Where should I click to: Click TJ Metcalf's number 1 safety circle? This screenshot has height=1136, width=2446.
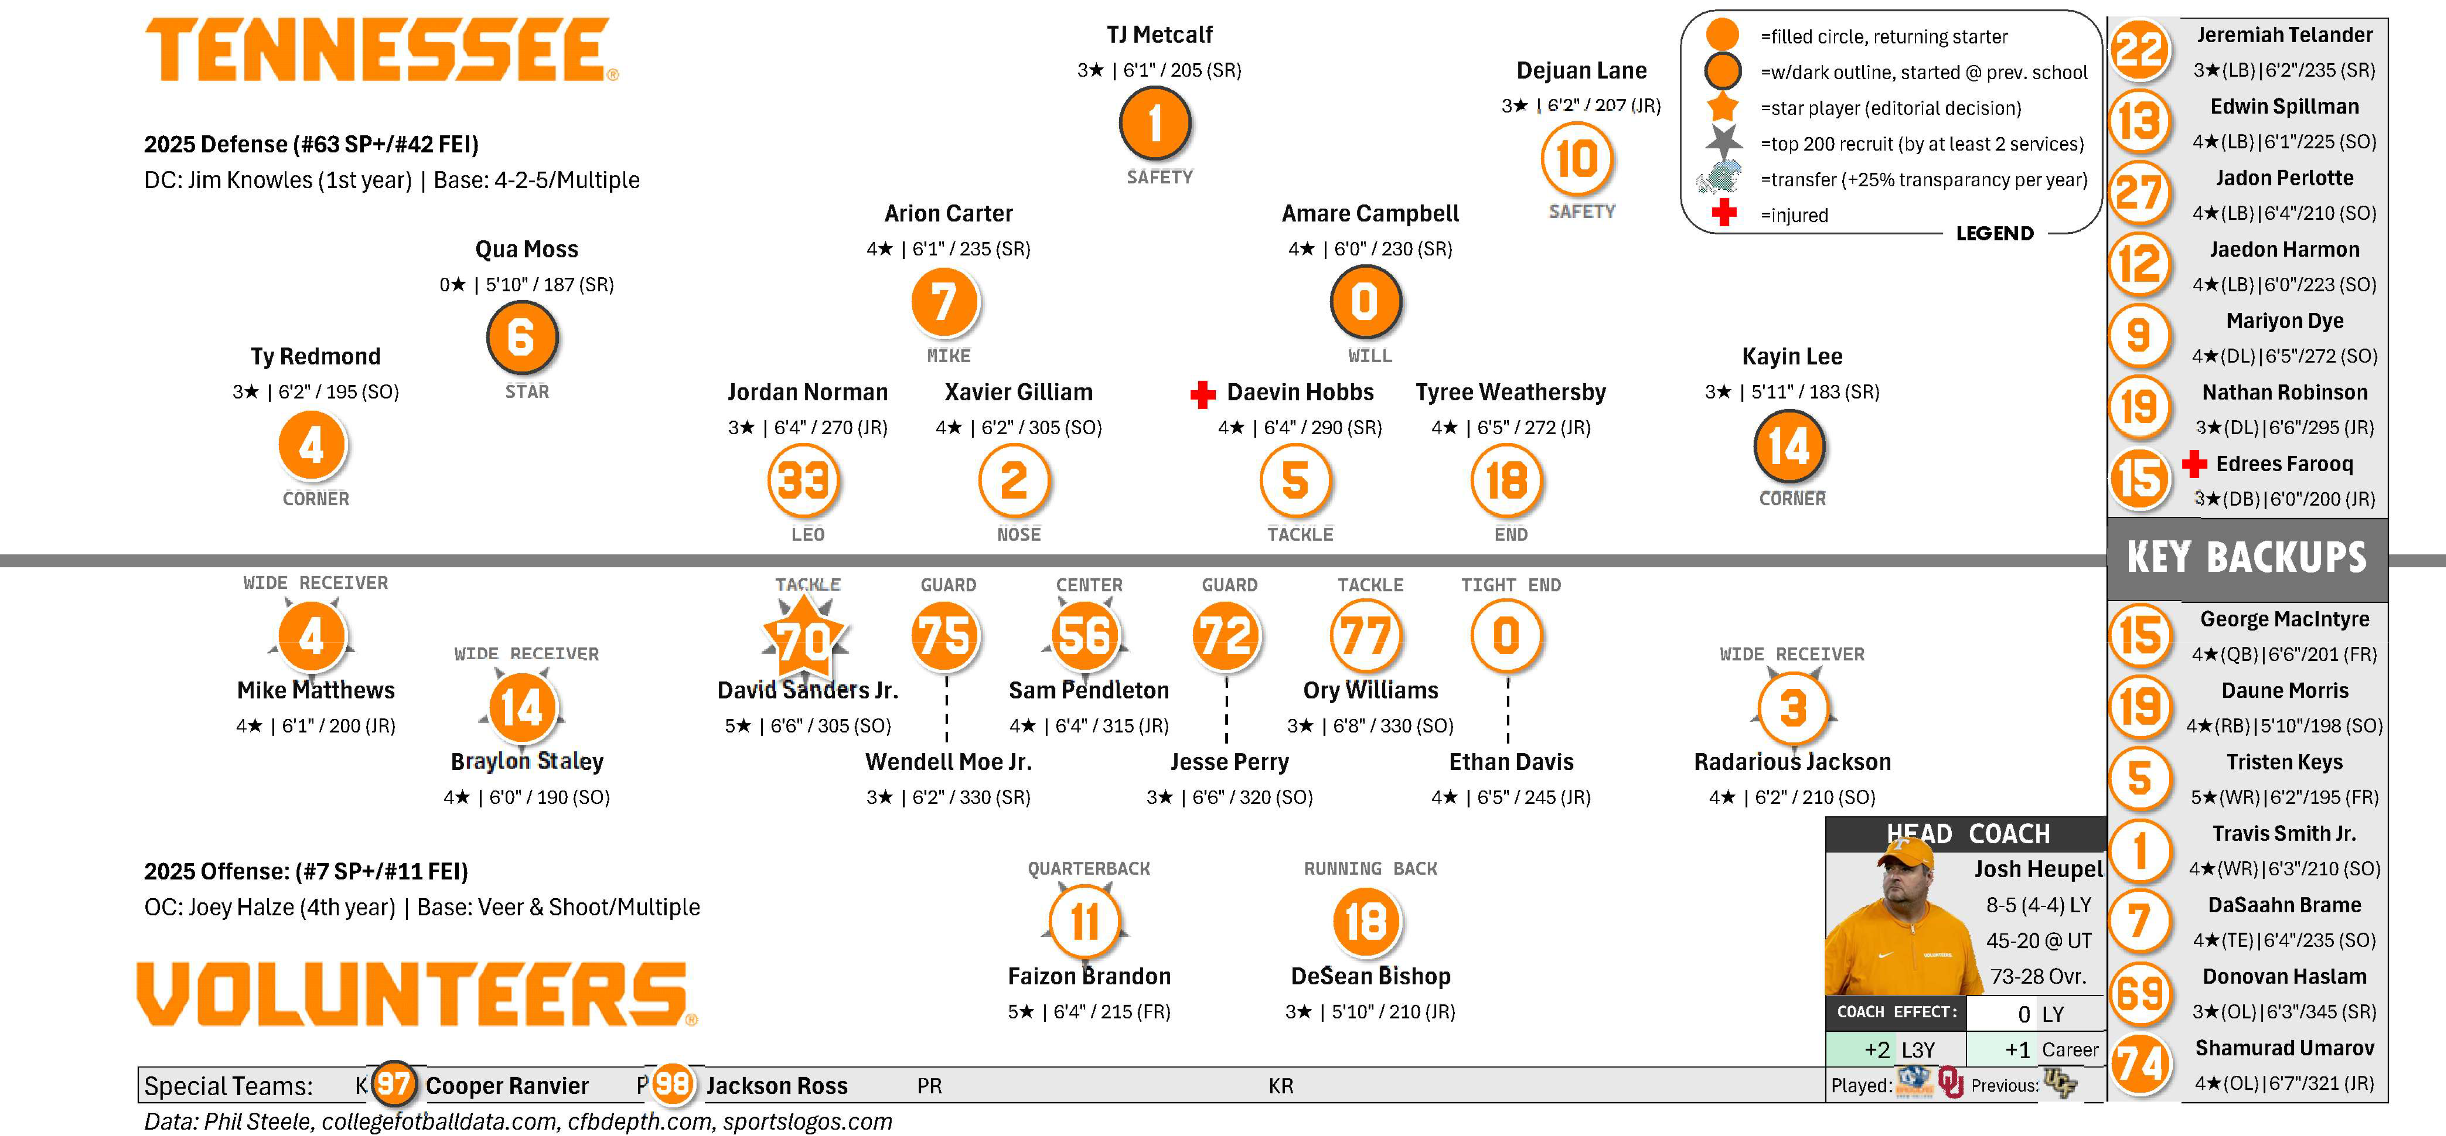coord(1155,123)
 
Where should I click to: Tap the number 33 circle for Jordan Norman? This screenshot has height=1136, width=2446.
coord(803,481)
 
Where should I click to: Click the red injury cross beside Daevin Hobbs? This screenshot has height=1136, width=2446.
coord(1203,394)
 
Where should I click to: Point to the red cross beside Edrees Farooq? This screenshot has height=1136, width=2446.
coord(2193,464)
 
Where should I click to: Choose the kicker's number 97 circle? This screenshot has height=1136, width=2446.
coord(393,1084)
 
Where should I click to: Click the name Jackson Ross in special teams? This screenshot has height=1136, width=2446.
coord(777,1085)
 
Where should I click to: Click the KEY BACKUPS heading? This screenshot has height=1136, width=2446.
coord(2247,558)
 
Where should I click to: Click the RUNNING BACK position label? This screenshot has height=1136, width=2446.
coord(1370,868)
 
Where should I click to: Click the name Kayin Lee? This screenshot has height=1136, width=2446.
coord(1792,356)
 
